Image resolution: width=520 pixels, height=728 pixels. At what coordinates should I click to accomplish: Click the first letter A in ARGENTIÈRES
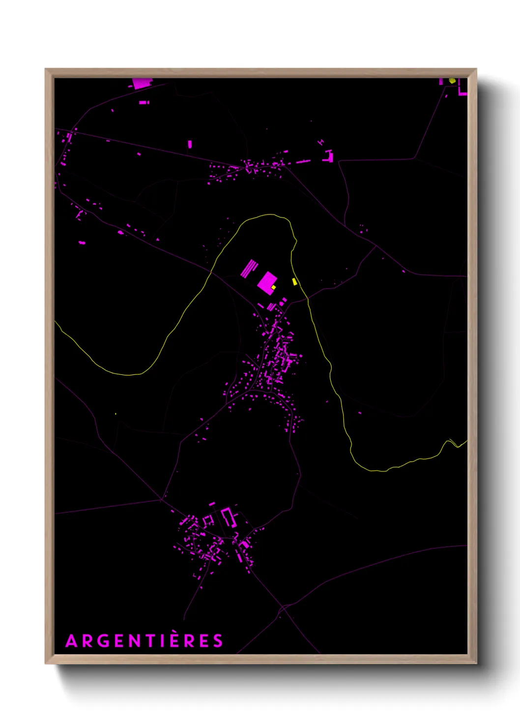click(x=71, y=641)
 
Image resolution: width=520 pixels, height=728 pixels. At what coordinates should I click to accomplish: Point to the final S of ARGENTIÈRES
click(x=217, y=641)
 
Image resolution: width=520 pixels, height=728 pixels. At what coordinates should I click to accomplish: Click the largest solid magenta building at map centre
click(x=266, y=282)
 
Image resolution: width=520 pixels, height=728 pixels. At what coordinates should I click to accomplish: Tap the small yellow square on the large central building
click(x=274, y=287)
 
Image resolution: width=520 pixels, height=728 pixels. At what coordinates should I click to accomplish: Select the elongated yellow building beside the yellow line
click(x=294, y=282)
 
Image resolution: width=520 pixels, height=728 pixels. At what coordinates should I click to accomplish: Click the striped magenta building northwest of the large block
click(x=249, y=269)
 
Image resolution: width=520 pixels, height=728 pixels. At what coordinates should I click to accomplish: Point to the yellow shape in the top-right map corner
click(x=452, y=80)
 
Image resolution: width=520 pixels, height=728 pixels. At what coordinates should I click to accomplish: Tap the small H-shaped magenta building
click(x=321, y=142)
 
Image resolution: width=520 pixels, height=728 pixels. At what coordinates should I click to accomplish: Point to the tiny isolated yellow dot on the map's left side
click(x=116, y=414)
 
